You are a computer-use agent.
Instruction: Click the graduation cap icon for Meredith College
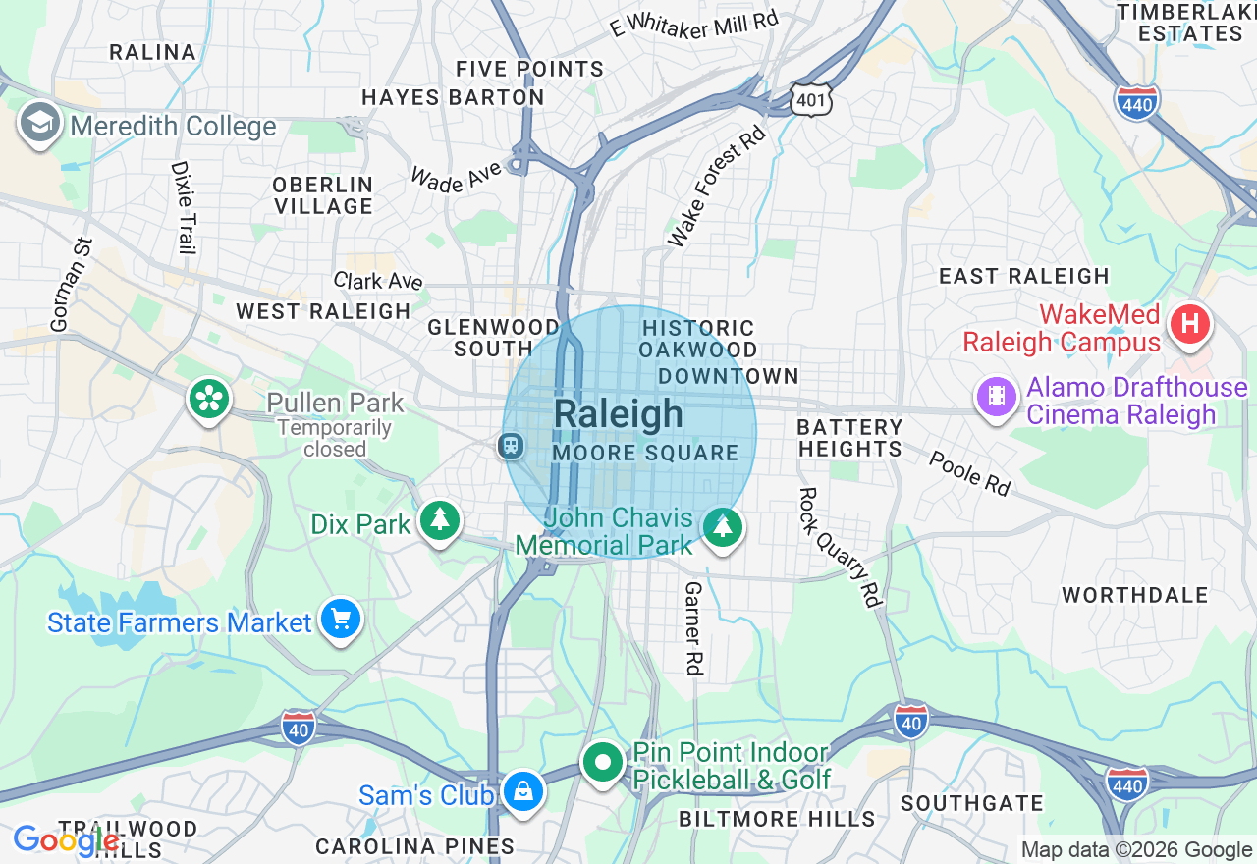(x=39, y=124)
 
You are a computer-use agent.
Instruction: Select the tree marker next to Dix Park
(x=439, y=520)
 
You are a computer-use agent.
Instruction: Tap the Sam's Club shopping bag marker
(x=522, y=790)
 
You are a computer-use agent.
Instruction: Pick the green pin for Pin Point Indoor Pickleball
(x=602, y=762)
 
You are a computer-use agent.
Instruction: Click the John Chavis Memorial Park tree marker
(x=723, y=527)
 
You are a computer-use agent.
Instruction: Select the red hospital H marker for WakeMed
(x=1190, y=323)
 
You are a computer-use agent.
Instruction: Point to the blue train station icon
(x=511, y=447)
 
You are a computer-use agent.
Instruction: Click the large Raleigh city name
(x=618, y=414)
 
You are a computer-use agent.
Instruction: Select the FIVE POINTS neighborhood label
(x=530, y=69)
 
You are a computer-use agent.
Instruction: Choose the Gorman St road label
(x=70, y=285)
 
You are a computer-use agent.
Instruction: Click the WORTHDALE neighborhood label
(x=1134, y=595)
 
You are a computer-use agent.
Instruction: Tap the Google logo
(x=66, y=840)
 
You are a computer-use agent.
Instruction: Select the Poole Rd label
(x=969, y=473)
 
